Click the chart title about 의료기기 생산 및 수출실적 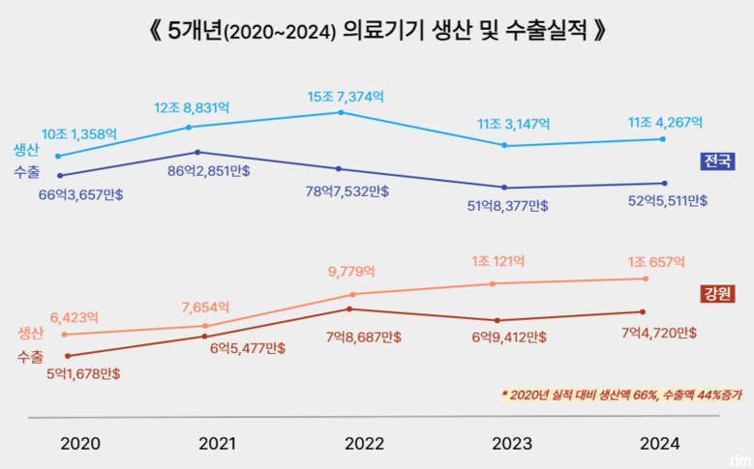pyautogui.click(x=377, y=29)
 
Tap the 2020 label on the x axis pyautogui.click(x=79, y=444)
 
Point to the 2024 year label pyautogui.click(x=659, y=444)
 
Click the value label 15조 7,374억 pyautogui.click(x=346, y=96)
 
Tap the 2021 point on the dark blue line pyautogui.click(x=197, y=152)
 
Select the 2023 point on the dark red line pyautogui.click(x=497, y=320)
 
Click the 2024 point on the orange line pyautogui.click(x=645, y=278)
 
